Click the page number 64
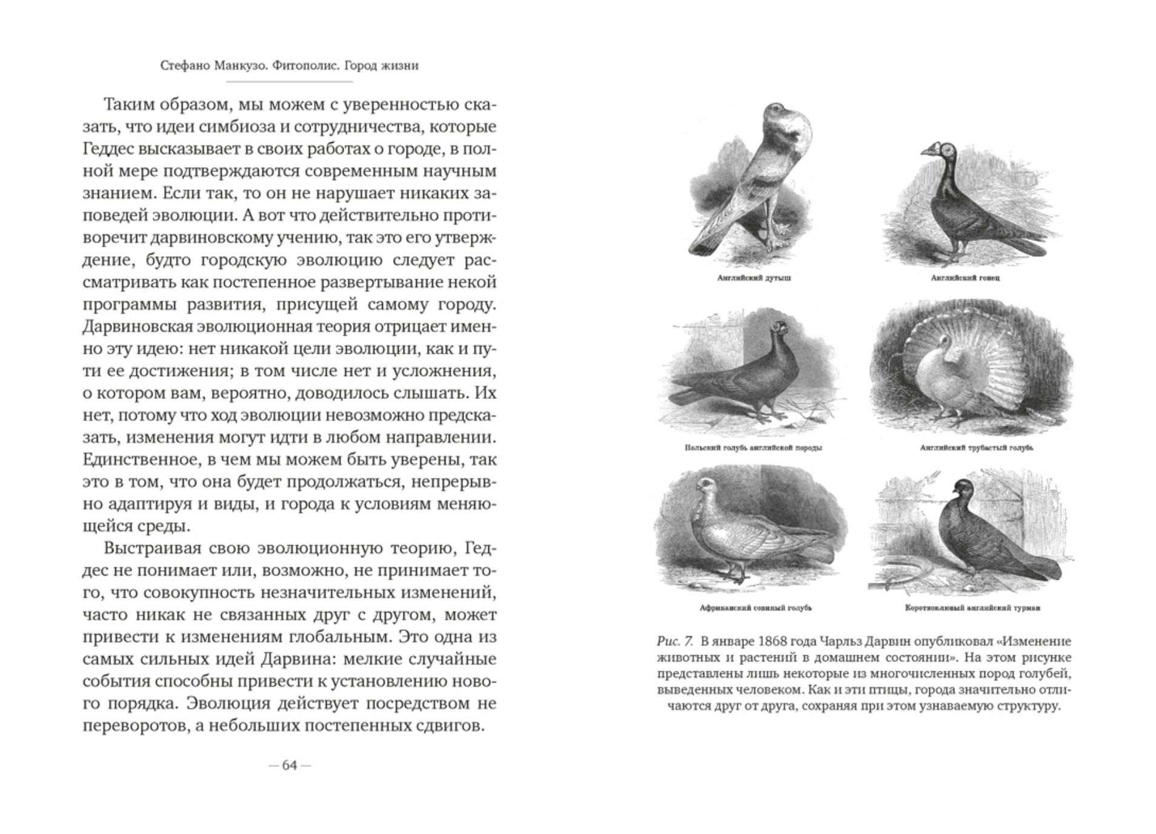290,766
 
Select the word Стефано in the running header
185,65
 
